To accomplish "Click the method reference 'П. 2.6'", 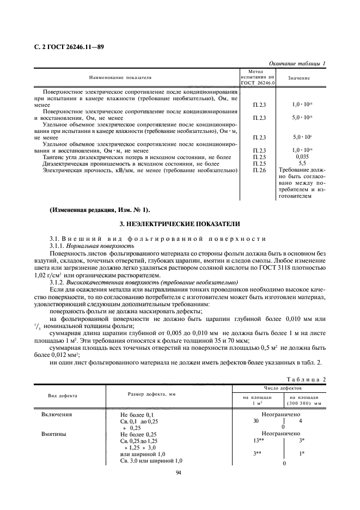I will tap(260, 171).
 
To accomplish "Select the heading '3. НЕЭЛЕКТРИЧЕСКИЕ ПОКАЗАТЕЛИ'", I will tap(180, 224).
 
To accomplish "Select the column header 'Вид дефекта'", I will tap(62, 396).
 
